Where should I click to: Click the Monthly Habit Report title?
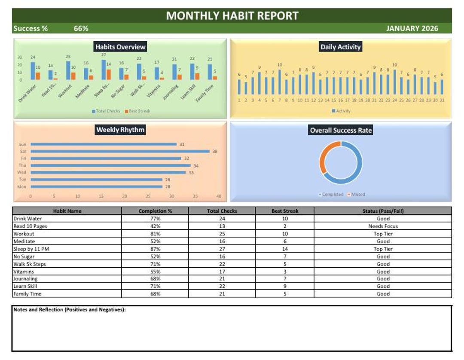pos(232,16)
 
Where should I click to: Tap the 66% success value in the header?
pos(81,28)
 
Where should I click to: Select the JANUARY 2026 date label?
pos(412,28)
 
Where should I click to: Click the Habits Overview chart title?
pos(120,47)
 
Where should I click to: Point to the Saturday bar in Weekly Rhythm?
pos(120,151)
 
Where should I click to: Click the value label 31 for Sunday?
pos(182,144)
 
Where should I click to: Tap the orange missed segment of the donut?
pos(324,157)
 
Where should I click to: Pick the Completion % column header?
pos(155,211)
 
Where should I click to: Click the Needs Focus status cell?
pos(383,226)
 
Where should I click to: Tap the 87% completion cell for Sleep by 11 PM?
pos(155,249)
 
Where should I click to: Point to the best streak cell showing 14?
pos(285,249)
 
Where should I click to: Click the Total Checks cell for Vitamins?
pos(222,272)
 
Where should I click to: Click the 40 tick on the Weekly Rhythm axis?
pos(219,196)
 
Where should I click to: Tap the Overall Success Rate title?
pos(341,130)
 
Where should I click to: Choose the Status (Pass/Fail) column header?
pos(383,211)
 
